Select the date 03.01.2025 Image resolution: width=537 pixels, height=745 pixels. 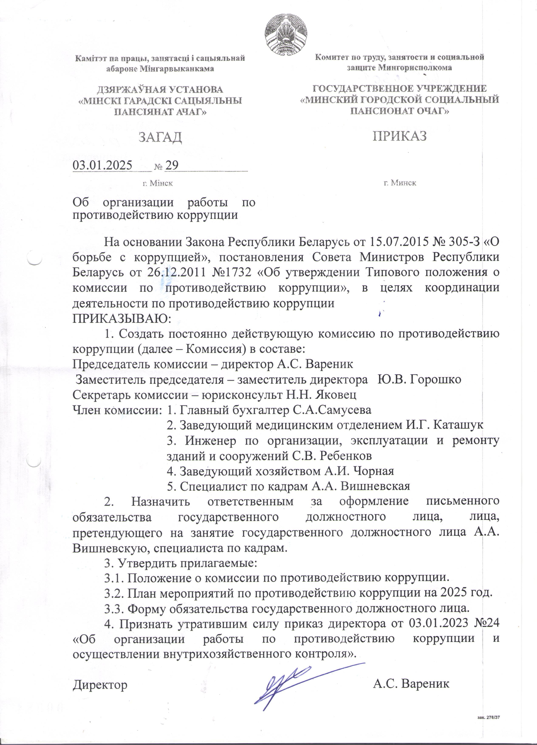pyautogui.click(x=102, y=165)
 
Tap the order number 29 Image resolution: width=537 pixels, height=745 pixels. pyautogui.click(x=171, y=165)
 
